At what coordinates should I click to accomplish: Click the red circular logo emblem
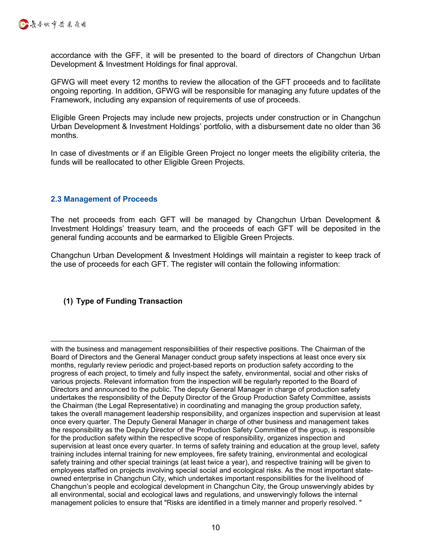point(23,24)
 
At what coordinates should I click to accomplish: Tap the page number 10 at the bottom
point(215,527)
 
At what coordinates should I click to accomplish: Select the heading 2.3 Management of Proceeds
point(104,199)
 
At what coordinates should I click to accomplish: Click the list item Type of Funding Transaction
point(129,301)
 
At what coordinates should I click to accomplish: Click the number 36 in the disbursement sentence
point(376,126)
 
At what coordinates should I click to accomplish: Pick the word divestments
point(110,153)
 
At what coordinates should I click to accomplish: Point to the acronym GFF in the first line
point(134,55)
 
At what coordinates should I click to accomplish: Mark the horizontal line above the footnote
point(101,341)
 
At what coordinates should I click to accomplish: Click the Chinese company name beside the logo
point(58,24)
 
